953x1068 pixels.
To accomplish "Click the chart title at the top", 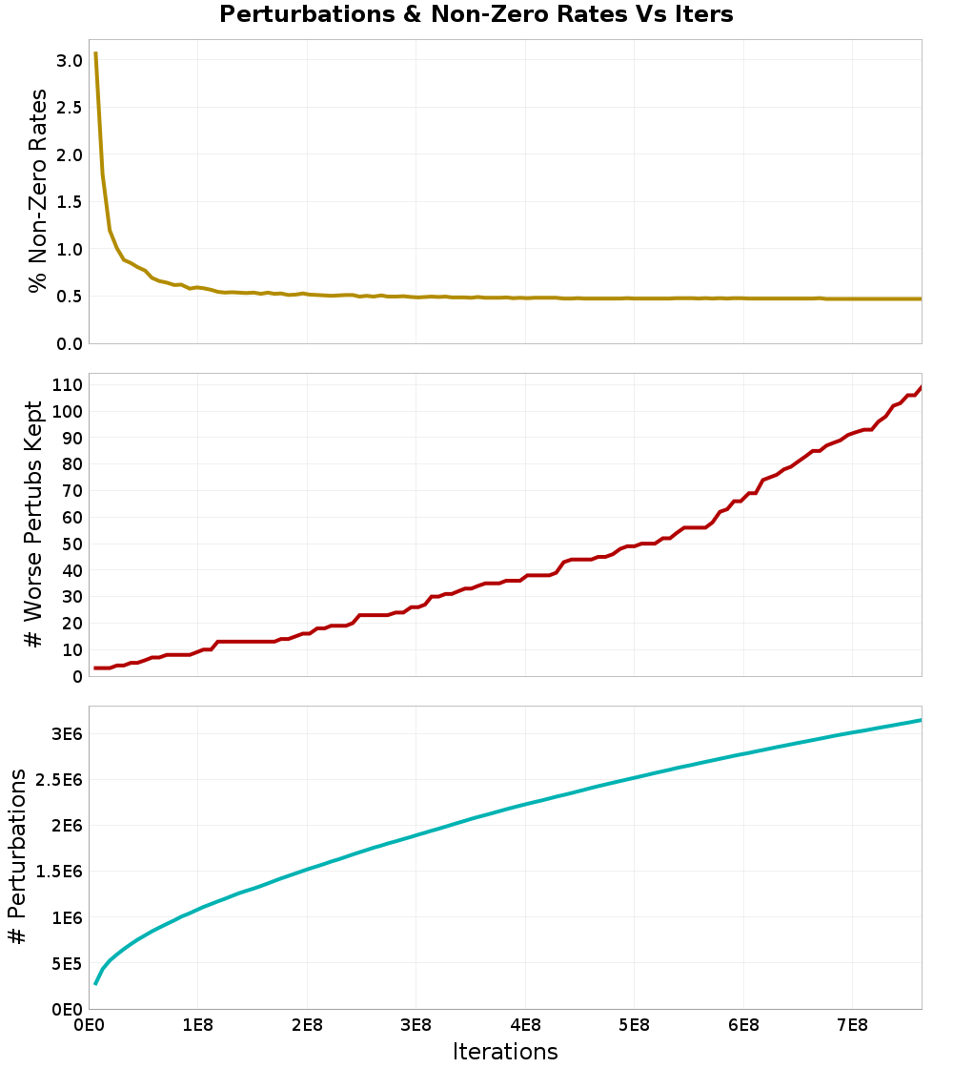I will click(x=476, y=14).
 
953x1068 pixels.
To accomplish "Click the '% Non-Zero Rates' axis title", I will click(x=37, y=191).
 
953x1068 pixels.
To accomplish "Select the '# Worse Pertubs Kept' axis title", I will click(x=34, y=524).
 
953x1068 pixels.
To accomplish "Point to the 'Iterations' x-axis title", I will click(x=505, y=1051).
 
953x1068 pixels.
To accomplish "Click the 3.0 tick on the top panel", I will click(x=71, y=60).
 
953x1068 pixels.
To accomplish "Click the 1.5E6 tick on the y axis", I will click(x=58, y=872).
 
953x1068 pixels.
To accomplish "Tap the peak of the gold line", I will click(x=95, y=53).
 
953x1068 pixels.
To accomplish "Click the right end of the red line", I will click(x=921, y=387).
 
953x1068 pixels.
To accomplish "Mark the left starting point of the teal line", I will click(x=95, y=983).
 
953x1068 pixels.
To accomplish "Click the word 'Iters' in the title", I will click(x=701, y=14).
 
